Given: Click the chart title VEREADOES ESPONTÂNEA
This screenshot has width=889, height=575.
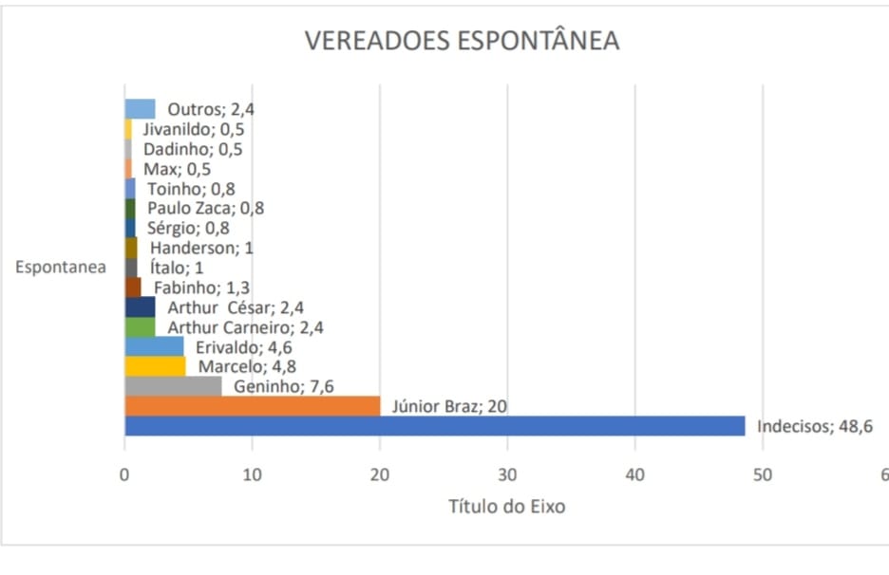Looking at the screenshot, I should [461, 41].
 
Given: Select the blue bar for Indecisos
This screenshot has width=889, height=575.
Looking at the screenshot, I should [434, 426].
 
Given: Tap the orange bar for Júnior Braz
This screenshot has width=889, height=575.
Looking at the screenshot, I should [252, 406].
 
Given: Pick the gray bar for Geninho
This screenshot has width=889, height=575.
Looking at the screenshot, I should [173, 386].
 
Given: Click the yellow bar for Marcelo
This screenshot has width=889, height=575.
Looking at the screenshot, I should [155, 366].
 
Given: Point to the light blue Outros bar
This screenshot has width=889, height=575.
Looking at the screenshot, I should [140, 109].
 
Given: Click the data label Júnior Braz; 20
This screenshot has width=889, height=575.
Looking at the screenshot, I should [444, 407].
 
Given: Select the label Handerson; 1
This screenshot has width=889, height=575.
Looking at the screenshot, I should [202, 248].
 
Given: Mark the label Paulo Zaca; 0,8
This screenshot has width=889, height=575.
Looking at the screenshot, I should [205, 208].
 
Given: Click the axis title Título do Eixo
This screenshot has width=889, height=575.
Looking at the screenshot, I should [506, 506].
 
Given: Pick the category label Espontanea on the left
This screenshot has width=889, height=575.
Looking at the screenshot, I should [61, 267].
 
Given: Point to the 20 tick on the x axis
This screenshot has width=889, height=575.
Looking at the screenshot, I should [380, 474].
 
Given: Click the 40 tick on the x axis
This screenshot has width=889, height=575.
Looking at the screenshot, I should [635, 474].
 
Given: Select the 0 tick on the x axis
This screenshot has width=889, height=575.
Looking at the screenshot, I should [124, 474].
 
